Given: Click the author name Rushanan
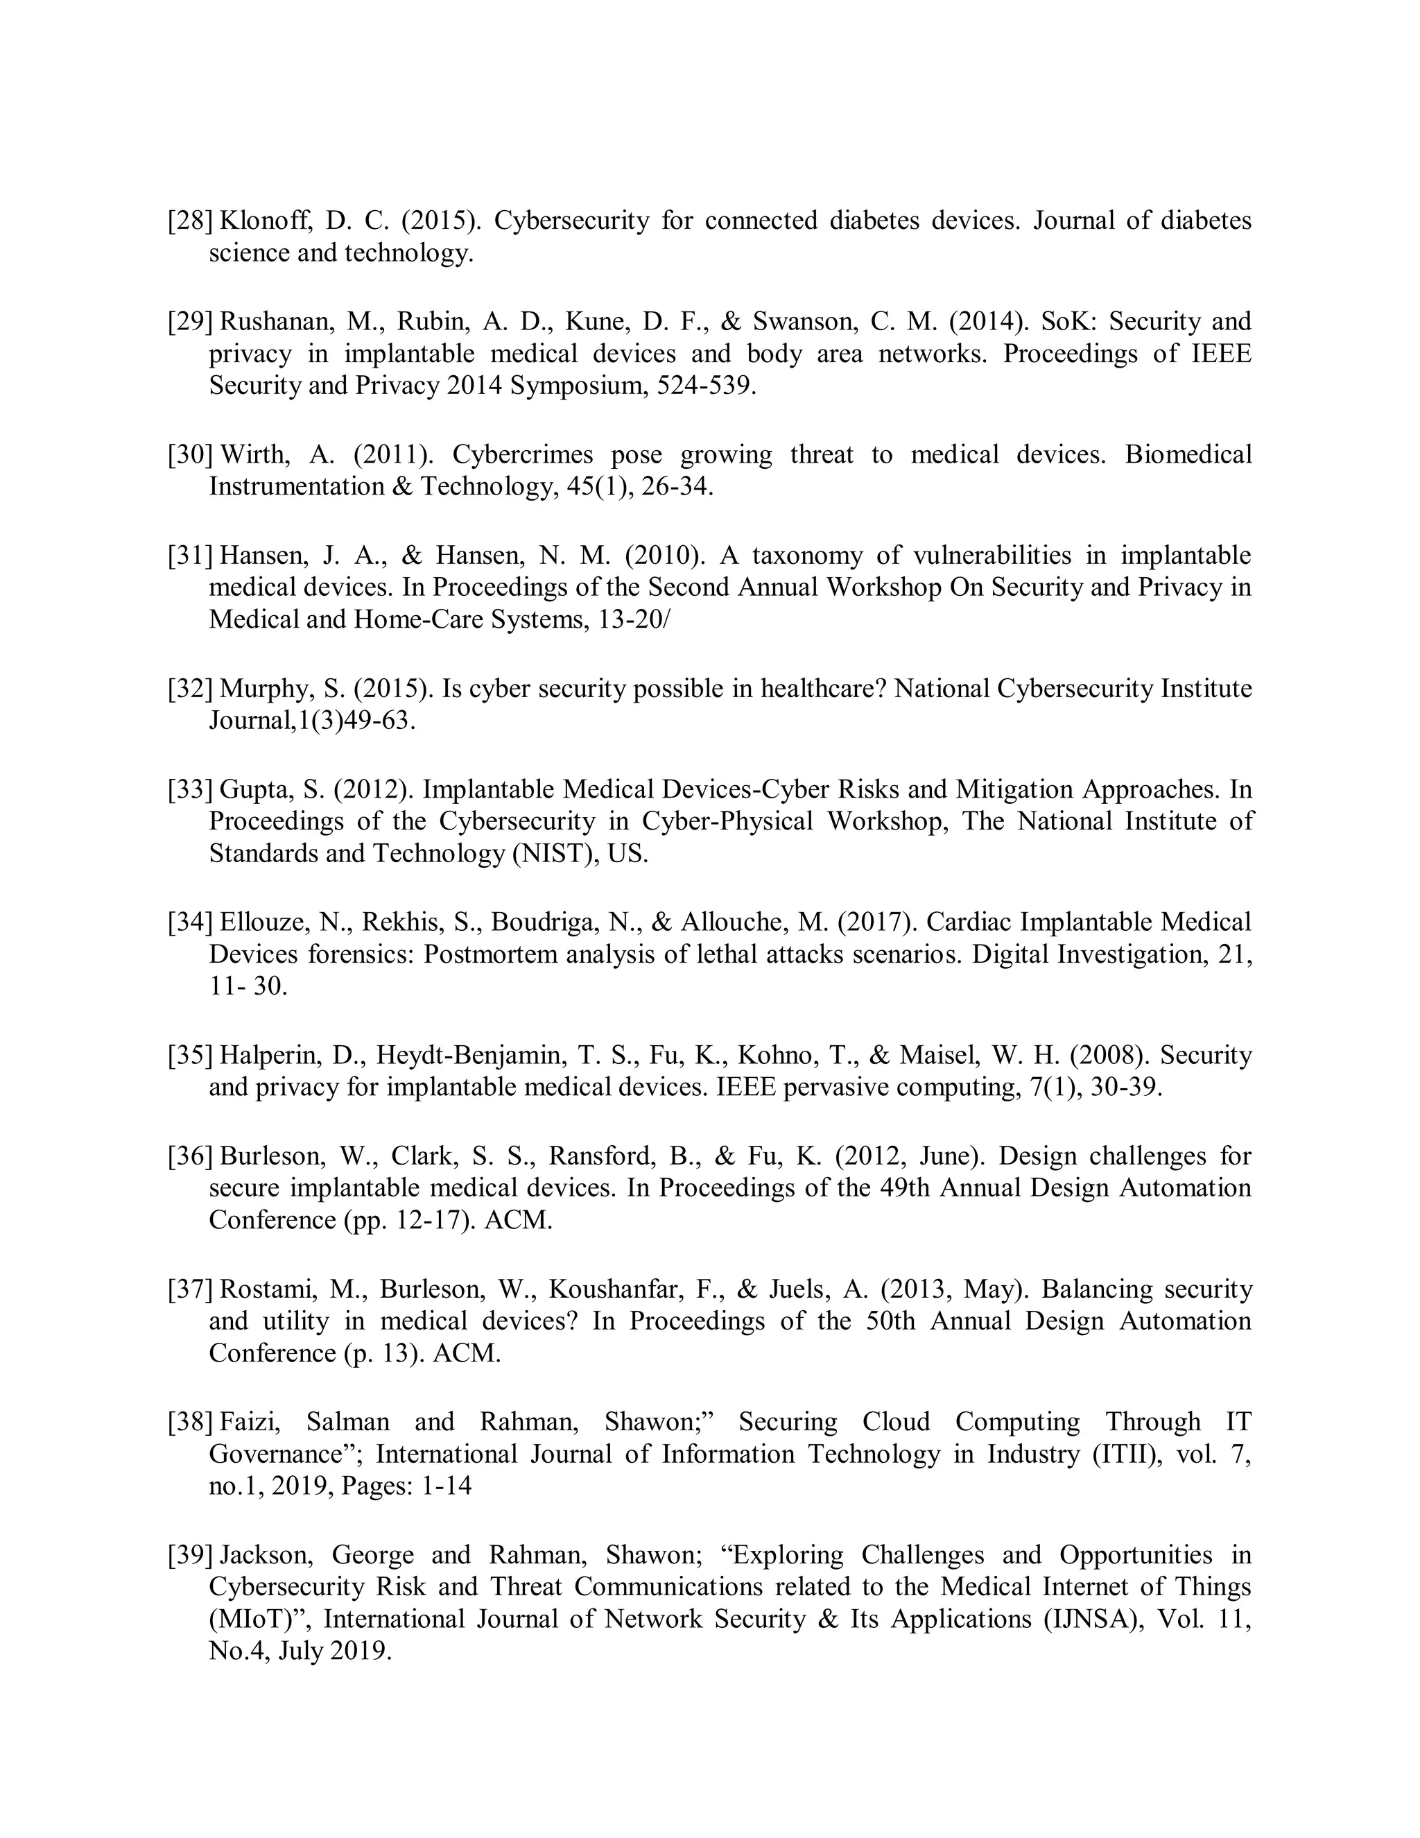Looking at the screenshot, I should coord(272,323).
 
